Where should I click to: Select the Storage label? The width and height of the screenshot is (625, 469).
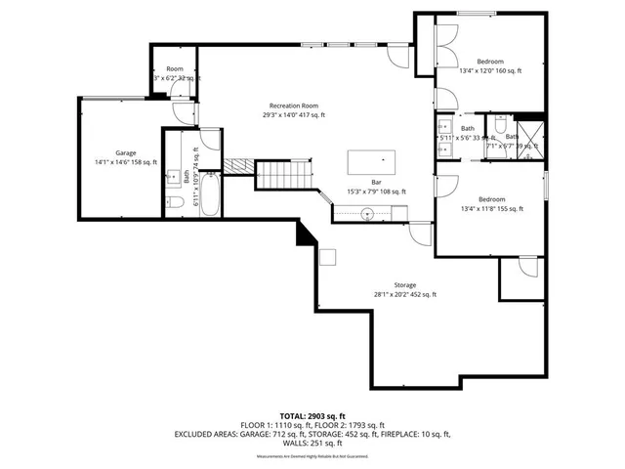click(x=405, y=285)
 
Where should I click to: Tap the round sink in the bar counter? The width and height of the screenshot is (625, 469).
click(x=368, y=212)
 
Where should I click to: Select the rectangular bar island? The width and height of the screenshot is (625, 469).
click(x=372, y=159)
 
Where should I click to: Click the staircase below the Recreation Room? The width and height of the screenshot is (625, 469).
click(x=284, y=176)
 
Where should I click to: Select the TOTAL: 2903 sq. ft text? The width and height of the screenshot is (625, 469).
click(x=312, y=414)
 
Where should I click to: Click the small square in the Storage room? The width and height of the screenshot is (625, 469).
click(x=330, y=257)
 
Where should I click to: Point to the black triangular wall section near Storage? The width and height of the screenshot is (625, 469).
click(x=305, y=234)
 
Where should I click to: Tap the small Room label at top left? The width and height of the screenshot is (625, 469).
click(x=175, y=68)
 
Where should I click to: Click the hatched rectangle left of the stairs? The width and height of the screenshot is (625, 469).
click(x=238, y=166)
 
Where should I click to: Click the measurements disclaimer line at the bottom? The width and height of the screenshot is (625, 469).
click(x=312, y=456)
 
